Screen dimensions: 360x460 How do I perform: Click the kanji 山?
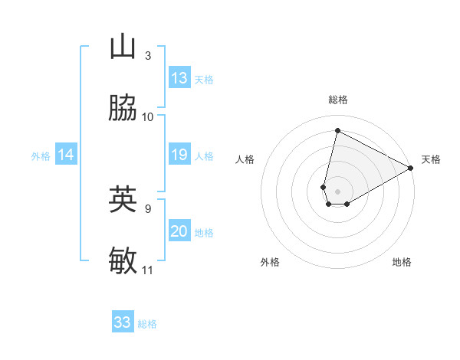tap(123, 47)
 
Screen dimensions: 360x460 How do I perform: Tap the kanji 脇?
tap(123, 109)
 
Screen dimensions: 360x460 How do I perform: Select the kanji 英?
tap(123, 199)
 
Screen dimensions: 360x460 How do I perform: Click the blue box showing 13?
tap(179, 78)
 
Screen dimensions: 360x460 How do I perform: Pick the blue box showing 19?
tap(179, 155)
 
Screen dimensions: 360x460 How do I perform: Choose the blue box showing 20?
tap(179, 231)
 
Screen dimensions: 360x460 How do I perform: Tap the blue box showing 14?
tap(66, 155)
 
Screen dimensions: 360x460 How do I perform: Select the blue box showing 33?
tap(123, 322)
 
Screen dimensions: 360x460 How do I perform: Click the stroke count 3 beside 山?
tap(148, 55)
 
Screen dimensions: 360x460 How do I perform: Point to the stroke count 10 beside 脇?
tap(148, 117)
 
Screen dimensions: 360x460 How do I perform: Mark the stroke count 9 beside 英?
tap(148, 208)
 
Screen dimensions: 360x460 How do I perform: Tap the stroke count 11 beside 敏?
tap(148, 270)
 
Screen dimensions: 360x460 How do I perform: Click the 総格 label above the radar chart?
tap(338, 100)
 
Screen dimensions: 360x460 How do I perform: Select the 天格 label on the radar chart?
tap(431, 159)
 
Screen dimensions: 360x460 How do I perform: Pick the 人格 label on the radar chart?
tap(245, 159)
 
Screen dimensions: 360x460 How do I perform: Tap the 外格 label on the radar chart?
tap(270, 262)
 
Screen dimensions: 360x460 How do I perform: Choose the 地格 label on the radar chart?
tap(402, 262)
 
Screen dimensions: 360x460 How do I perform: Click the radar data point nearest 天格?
tap(411, 169)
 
